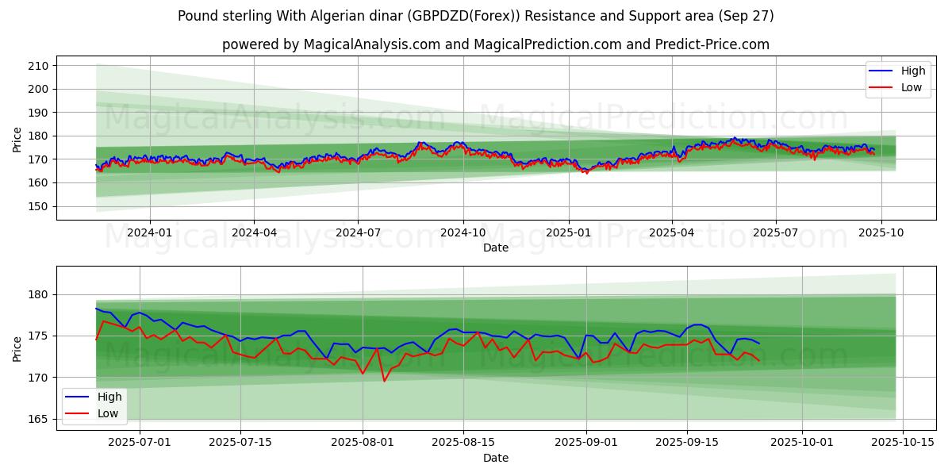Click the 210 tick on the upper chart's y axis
click(x=38, y=66)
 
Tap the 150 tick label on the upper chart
click(x=38, y=206)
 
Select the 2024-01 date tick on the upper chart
click(x=150, y=232)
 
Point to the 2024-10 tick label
click(x=463, y=232)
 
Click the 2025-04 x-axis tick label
click(x=671, y=232)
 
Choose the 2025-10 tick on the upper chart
click(x=881, y=232)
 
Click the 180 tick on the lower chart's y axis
click(x=38, y=295)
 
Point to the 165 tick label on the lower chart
click(x=38, y=419)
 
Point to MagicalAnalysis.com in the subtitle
click(x=372, y=44)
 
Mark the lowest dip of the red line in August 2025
click(x=385, y=381)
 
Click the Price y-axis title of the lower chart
click(x=17, y=349)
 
